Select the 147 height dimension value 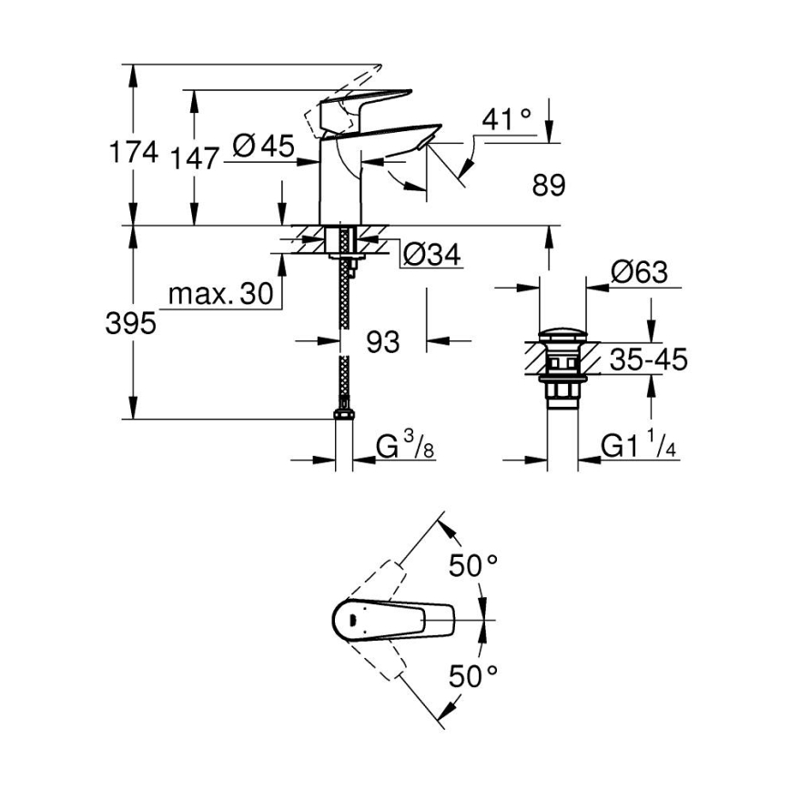(195, 158)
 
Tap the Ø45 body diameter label (263, 146)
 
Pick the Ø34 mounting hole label (430, 256)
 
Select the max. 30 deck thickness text (219, 294)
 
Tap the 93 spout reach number (382, 342)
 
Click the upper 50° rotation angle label (473, 565)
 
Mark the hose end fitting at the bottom (343, 415)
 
